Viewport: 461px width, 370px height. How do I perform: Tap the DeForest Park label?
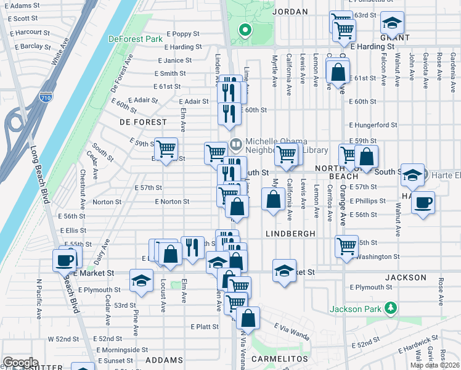pos(135,39)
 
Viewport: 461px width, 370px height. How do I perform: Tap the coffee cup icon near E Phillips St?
pos(423,203)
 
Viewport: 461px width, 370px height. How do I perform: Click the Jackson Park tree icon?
pos(390,307)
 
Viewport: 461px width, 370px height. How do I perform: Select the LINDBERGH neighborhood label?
pos(290,234)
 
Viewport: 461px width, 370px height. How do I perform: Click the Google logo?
pos(20,362)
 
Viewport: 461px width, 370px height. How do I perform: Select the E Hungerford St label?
pos(373,125)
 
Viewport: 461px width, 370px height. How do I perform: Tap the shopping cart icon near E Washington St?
pos(347,245)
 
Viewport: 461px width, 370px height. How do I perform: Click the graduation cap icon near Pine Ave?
pos(141,281)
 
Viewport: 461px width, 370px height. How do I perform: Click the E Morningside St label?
pos(126,350)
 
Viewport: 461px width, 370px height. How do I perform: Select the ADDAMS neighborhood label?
pos(165,360)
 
